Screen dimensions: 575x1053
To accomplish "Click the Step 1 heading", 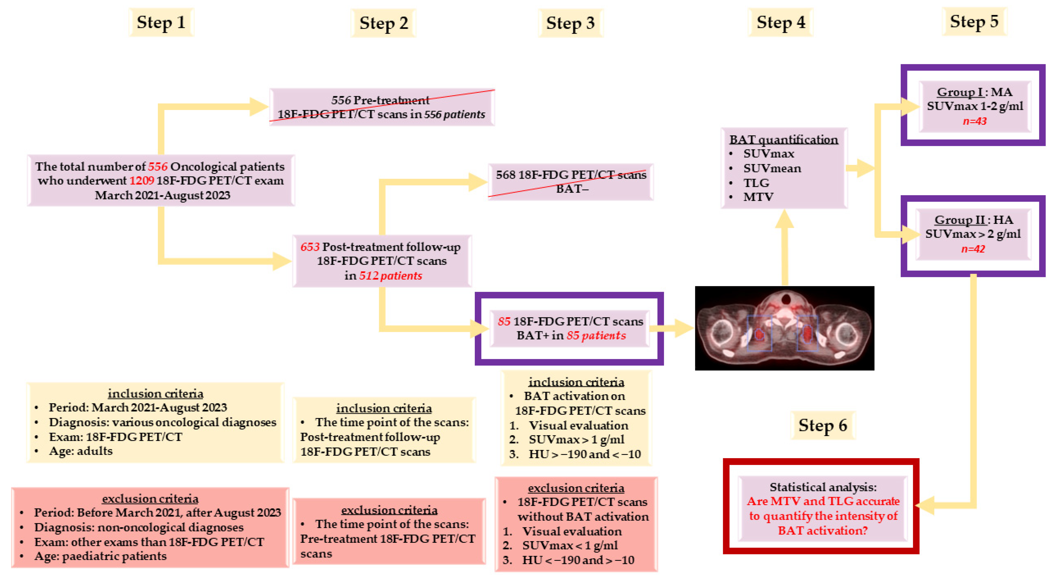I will click(161, 23).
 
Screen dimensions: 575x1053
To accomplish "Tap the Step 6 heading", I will click(823, 426).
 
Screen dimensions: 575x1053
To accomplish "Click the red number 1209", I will click(142, 181).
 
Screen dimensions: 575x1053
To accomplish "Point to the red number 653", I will click(310, 247).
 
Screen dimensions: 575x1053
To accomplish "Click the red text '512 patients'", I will click(390, 276).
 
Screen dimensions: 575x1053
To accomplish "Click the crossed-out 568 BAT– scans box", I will click(571, 181).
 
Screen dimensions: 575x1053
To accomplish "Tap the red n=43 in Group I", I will click(974, 121).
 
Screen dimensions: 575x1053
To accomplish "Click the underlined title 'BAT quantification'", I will click(783, 139).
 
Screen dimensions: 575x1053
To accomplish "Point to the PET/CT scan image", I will click(784, 328).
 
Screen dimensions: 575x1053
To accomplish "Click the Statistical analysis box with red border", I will click(823, 508).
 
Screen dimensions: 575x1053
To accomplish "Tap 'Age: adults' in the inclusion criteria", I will click(81, 451).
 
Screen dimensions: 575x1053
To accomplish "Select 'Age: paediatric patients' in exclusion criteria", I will click(100, 556).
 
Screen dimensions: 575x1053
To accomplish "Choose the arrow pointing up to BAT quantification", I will click(784, 245).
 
